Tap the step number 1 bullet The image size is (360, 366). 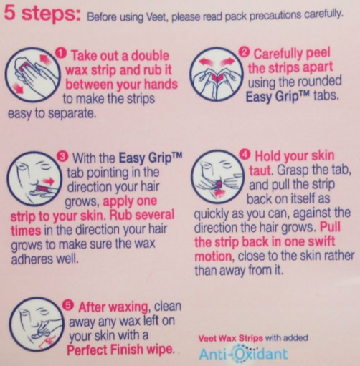(61, 53)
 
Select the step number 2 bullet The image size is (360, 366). (245, 52)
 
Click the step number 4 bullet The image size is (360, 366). (245, 155)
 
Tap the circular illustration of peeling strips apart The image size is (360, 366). (217, 74)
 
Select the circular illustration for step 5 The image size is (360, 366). (37, 324)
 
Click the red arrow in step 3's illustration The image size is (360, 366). (49, 180)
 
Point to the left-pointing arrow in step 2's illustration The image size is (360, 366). (206, 62)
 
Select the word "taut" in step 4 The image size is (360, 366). (260, 170)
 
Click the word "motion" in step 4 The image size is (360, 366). (212, 257)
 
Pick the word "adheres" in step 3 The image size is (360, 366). (32, 259)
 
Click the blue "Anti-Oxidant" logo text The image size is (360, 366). (243, 354)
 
